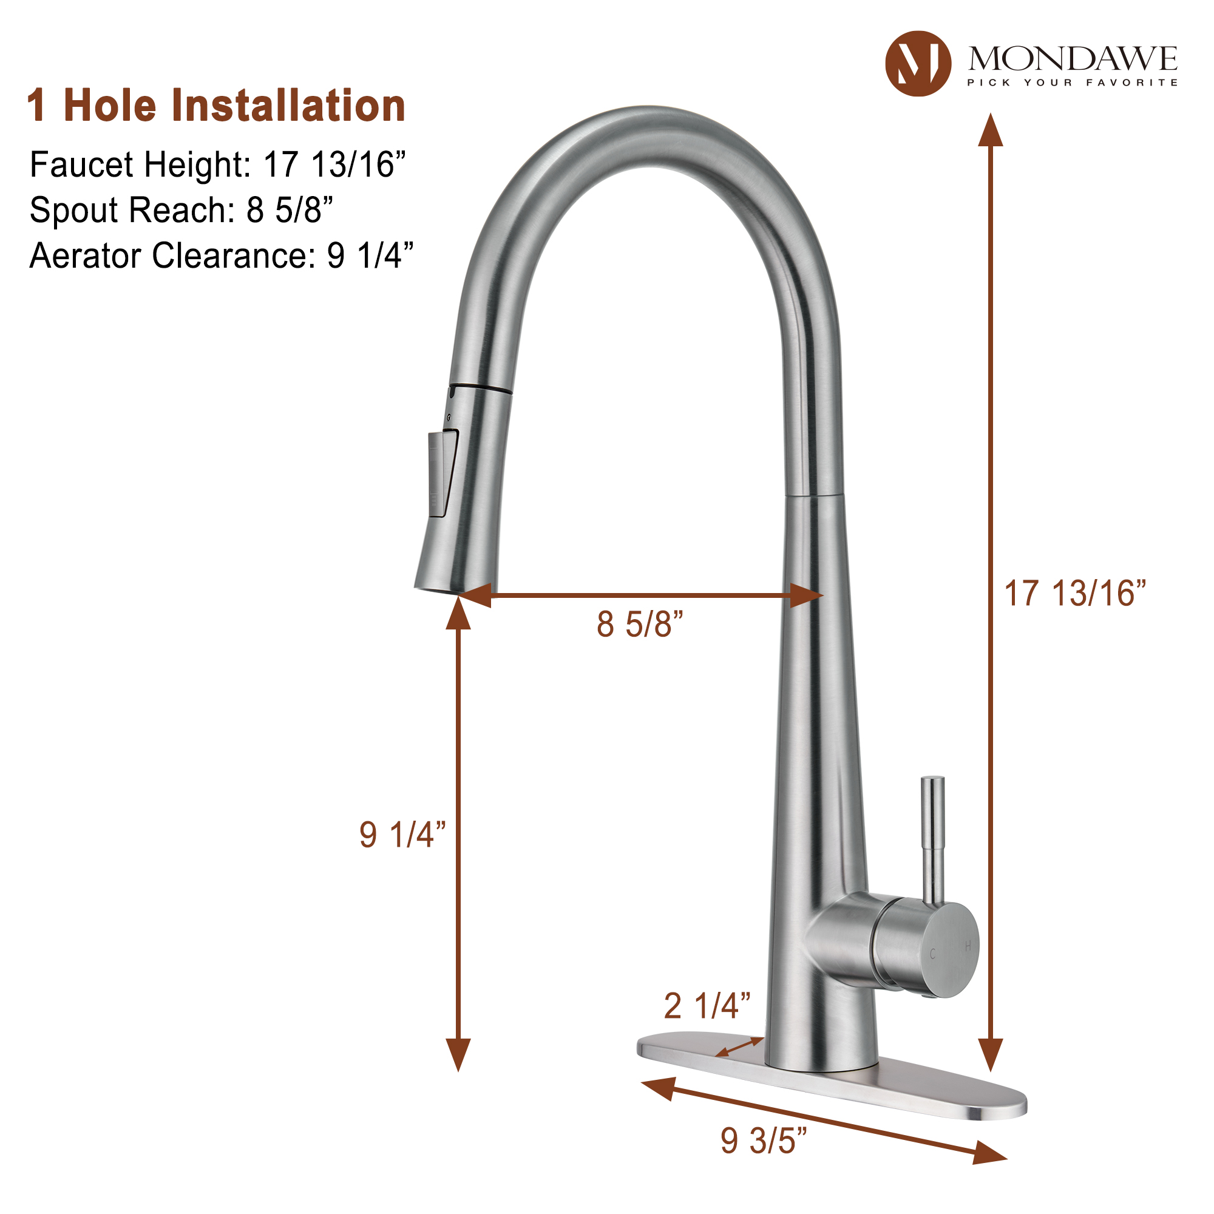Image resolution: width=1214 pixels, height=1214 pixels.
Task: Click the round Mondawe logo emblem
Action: (x=917, y=64)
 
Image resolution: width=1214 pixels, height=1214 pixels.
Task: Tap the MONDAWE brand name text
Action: (x=1073, y=59)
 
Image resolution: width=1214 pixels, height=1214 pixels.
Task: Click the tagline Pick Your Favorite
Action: (x=1073, y=83)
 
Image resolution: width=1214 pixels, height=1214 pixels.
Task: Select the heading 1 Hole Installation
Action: (x=216, y=106)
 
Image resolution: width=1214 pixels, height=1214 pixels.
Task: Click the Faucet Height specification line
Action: (x=217, y=164)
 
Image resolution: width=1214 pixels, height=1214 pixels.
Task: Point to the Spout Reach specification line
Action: (x=181, y=210)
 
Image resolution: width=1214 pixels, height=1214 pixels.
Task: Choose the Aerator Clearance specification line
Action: (x=221, y=256)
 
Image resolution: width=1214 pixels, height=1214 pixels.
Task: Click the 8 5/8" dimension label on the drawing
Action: (x=640, y=625)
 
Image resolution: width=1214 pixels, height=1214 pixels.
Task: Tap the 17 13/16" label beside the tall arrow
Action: (x=1075, y=594)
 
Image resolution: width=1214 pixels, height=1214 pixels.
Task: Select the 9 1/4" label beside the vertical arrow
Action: (x=402, y=835)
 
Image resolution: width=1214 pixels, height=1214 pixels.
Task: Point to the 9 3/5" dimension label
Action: (x=764, y=1141)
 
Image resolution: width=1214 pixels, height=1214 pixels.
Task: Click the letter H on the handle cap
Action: (x=968, y=946)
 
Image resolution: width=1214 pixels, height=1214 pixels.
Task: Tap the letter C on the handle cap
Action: (x=932, y=954)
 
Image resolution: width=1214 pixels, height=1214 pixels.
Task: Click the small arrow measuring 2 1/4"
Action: (x=740, y=1048)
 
